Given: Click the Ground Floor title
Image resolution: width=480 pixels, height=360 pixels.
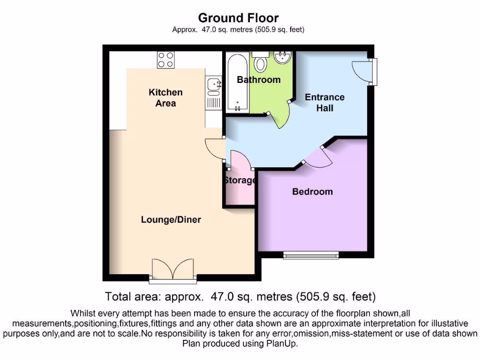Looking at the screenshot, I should [x=238, y=18].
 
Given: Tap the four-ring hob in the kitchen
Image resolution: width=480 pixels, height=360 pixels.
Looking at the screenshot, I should [x=165, y=60].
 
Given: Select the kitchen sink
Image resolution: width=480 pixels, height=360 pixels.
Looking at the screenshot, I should [x=213, y=85].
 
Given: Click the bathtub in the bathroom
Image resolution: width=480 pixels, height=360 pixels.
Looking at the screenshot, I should [x=238, y=82].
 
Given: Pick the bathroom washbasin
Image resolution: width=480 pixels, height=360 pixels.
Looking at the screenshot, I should [x=283, y=58].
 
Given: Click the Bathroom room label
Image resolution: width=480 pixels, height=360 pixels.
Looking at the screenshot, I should [x=258, y=80].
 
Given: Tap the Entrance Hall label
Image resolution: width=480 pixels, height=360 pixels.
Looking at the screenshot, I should [x=324, y=102].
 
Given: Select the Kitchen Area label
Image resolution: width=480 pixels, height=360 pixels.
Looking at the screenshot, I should [x=165, y=97].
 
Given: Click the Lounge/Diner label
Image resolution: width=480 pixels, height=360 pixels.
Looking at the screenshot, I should [x=171, y=219].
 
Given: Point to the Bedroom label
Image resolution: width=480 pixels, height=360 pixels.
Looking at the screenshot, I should [x=312, y=191].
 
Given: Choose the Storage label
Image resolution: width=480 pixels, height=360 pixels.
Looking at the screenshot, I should [x=240, y=180].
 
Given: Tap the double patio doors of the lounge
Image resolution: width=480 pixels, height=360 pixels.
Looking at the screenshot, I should [x=173, y=270].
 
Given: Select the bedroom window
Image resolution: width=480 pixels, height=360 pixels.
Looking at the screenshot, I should [x=311, y=255].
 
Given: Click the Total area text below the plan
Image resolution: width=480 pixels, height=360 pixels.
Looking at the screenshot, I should [x=240, y=296].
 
